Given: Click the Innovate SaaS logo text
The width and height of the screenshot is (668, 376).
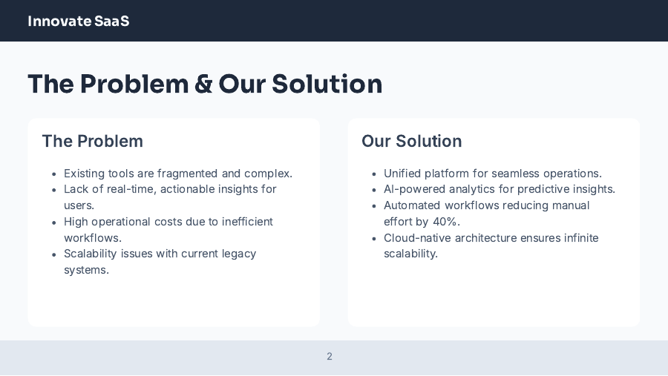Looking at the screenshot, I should coord(78,21).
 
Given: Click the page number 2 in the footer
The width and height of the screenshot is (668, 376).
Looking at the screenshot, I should coord(330,357).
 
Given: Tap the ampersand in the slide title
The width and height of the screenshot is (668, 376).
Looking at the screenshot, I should coord(203,85).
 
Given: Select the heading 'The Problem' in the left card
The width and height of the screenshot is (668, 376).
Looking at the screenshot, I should coord(92,141).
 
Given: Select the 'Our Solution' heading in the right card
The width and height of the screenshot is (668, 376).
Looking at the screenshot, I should coord(411,141).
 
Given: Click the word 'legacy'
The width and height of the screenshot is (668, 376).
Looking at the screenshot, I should coord(239,254).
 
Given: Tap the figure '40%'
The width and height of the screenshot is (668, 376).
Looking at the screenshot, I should coord(446,222).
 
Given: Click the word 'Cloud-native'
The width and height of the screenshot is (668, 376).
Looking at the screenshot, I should coord(417,238).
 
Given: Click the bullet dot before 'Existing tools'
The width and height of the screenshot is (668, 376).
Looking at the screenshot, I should coord(54,174).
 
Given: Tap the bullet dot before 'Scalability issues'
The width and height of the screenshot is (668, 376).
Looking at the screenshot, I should coord(54,254).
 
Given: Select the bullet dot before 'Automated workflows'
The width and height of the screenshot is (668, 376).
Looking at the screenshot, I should coord(374,206).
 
